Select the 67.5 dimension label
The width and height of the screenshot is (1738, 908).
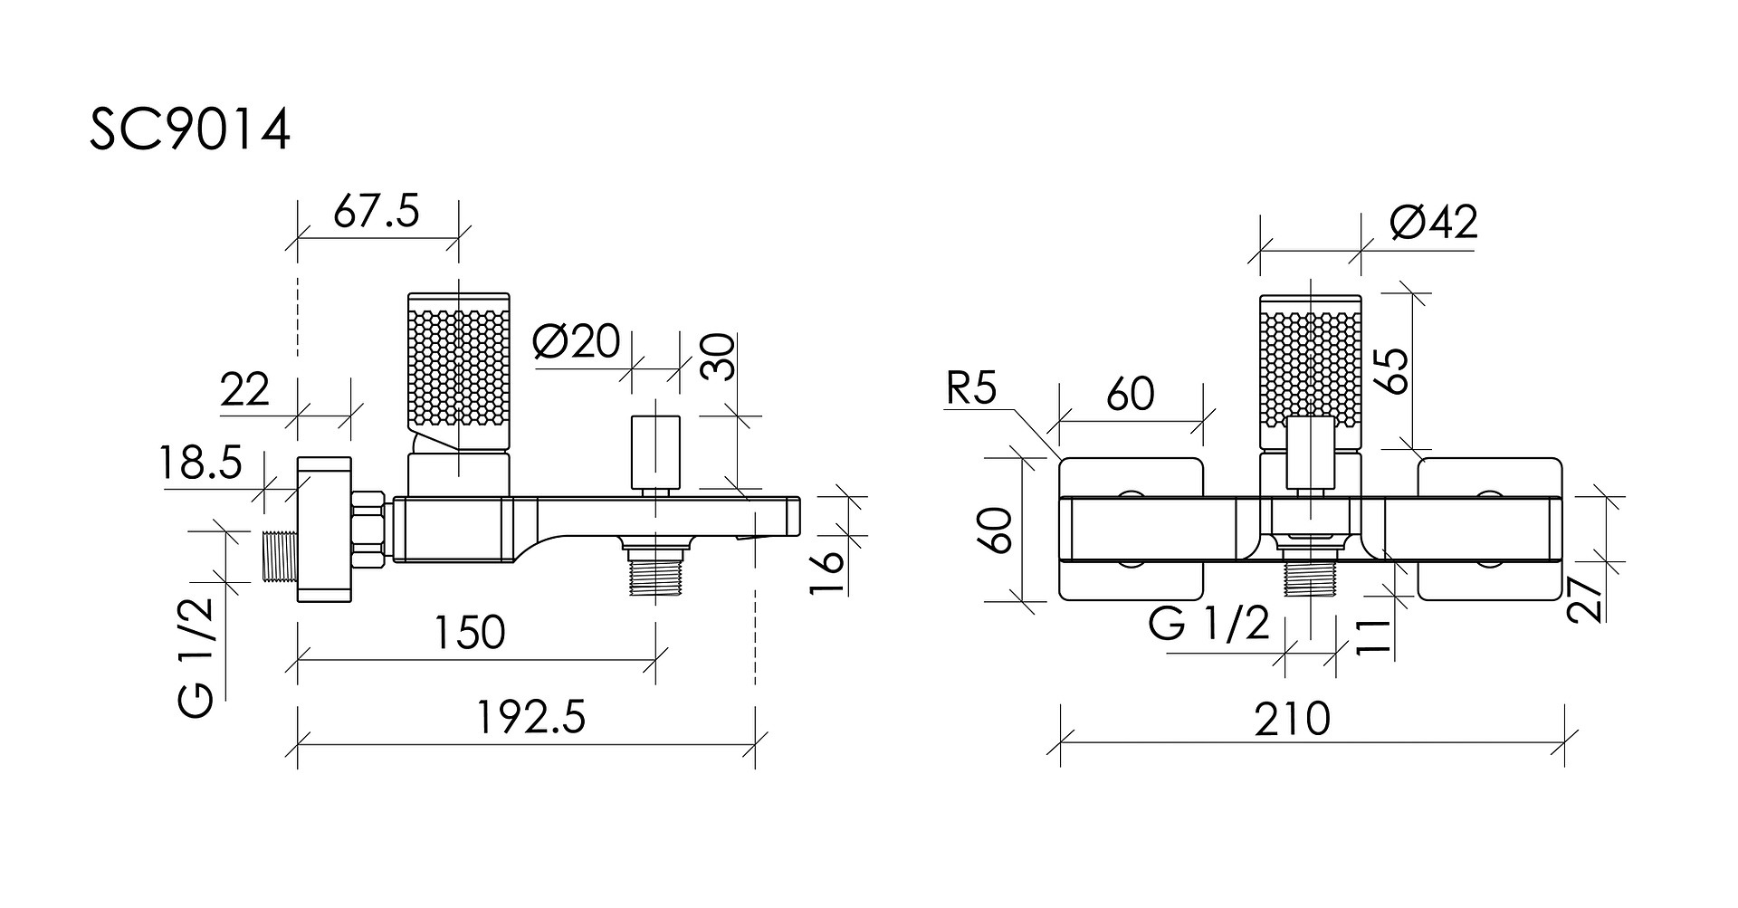(x=377, y=213)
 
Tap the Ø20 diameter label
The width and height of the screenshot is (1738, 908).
(x=578, y=342)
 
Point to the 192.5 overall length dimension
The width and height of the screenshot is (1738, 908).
(x=531, y=718)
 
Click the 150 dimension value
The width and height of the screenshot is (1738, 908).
(x=469, y=633)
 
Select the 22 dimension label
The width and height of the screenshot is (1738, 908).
(x=244, y=390)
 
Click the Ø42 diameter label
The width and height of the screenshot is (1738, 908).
(x=1433, y=222)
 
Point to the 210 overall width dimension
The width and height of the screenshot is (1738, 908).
(x=1293, y=719)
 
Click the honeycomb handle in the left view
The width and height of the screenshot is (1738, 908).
(x=459, y=372)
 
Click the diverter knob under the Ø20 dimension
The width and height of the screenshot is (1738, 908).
(x=655, y=452)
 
